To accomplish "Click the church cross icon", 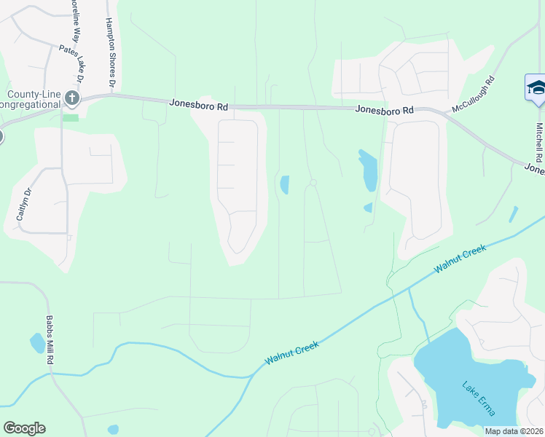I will pos(71,98).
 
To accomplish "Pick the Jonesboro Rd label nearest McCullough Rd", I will pos(385,110).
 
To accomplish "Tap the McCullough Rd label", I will pos(474,94).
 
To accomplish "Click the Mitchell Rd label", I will pos(539,142).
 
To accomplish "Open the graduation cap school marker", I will pos(536,88).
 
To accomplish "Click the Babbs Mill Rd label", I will pos(50,340).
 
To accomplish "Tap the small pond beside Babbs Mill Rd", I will pos(36,342).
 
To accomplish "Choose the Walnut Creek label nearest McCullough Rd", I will pos(460,259).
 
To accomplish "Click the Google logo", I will pos(24,428).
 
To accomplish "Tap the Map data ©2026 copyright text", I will pos(513,431).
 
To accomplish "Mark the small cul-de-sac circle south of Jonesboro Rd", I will pos(313,182).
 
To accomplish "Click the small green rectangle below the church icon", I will pos(71,117).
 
